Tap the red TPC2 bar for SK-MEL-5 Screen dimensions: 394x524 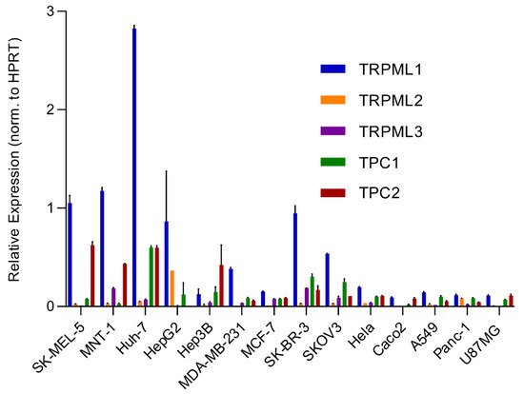point(91,275)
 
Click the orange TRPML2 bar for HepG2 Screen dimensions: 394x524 point(172,288)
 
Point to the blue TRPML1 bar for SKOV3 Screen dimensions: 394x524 point(328,280)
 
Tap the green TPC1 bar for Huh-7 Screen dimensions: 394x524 point(151,276)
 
